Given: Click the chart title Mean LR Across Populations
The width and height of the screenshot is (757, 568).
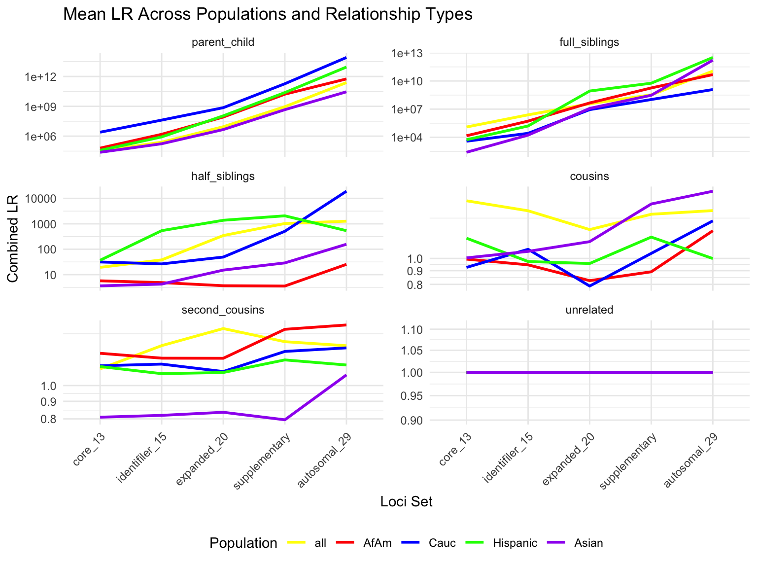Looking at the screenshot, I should coord(268,14).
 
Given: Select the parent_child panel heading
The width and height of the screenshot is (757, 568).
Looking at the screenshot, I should coord(223,42).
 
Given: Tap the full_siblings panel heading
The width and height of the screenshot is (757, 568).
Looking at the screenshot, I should coord(589,42).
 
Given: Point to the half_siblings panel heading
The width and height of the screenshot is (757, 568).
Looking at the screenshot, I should coord(223,177).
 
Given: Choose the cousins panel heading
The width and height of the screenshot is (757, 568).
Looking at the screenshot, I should coord(589,177).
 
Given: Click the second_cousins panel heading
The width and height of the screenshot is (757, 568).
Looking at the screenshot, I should coord(223,310).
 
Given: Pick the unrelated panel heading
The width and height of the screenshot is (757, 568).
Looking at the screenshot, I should coord(589,310).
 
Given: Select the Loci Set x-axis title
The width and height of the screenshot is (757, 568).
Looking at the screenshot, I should coord(406,502).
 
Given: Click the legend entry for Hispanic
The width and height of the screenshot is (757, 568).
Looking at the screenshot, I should coord(515,543).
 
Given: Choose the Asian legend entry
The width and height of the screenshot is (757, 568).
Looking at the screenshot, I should coord(588,543).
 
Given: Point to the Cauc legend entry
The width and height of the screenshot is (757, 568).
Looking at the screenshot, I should coord(442,543).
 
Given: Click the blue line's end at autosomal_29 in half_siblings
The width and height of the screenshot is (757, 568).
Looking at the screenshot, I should coord(346,191).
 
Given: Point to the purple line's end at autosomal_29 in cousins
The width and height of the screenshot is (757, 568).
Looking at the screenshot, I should coord(713,191).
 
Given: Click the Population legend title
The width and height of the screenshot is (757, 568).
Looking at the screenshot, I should coord(243,543).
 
